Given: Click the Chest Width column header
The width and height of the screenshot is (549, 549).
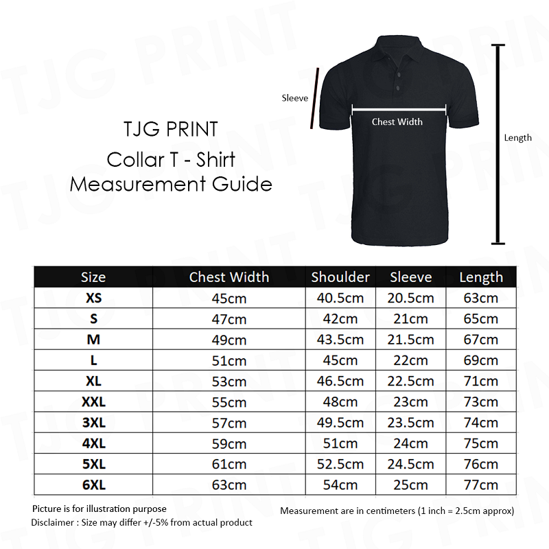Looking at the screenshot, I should pos(229,277).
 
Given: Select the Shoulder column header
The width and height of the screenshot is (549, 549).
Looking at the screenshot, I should pos(340,277).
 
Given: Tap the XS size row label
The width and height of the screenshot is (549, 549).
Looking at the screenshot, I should pos(93,299).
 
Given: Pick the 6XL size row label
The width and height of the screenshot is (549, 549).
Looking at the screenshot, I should pos(93,484).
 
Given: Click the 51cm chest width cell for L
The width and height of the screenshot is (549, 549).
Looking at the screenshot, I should pos(229,361).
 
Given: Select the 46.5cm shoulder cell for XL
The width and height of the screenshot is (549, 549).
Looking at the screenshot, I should pos(340,381).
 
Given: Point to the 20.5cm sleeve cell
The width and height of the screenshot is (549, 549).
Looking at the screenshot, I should pos(411,299).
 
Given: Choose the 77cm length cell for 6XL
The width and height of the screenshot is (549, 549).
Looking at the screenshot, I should pos(481,484).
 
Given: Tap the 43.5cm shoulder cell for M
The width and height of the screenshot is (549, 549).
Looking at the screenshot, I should pos(340,340).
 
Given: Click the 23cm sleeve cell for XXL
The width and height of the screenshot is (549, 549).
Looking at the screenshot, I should pos(411,401).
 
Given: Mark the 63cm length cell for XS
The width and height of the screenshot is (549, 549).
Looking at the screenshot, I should pos(481,299).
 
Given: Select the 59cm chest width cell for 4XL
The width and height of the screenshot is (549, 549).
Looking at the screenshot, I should pos(229,443).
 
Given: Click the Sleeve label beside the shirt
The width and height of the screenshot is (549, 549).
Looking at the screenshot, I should pos(295,98).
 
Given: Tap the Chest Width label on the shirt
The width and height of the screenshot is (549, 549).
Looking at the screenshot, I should pos(397,121).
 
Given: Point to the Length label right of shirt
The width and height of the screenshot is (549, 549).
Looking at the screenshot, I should pos(518,138).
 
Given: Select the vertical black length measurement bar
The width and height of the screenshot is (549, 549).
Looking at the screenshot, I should pos(499,144).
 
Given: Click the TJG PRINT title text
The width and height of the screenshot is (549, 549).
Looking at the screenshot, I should pos(170,129).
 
